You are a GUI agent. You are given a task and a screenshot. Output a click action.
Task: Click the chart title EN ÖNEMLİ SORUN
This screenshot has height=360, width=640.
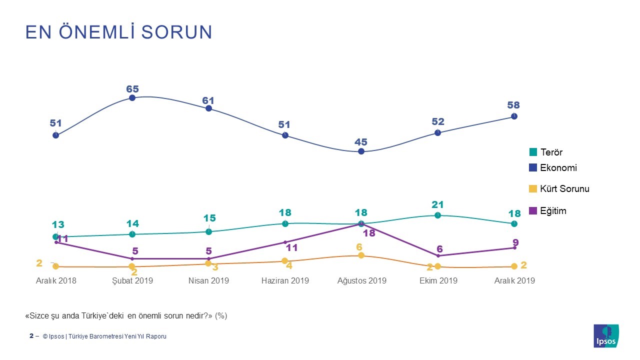(119, 32)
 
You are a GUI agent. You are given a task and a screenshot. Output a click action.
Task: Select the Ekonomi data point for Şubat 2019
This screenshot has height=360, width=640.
(132, 98)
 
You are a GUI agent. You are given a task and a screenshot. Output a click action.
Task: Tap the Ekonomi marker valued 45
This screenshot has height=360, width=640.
(361, 151)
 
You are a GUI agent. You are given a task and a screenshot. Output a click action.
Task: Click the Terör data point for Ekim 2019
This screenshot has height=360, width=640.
(437, 215)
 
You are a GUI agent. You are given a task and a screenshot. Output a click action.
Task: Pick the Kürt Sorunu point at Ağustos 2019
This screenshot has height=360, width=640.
(361, 255)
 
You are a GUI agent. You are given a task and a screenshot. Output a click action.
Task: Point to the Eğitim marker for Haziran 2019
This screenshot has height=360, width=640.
(285, 242)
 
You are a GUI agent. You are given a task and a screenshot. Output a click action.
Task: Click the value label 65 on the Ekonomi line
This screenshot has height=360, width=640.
(132, 89)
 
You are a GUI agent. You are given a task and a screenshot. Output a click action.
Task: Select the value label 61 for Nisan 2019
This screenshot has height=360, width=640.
(208, 100)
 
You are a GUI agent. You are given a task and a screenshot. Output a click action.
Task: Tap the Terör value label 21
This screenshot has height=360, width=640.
(437, 204)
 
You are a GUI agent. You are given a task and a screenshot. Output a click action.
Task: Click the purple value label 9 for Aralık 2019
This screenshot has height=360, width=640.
(515, 242)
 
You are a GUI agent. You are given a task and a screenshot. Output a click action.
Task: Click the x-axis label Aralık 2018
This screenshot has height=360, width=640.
(56, 280)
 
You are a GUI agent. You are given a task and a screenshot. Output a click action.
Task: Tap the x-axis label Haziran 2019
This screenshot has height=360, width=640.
(285, 280)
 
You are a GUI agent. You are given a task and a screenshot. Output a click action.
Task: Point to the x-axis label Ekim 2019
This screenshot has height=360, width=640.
(438, 280)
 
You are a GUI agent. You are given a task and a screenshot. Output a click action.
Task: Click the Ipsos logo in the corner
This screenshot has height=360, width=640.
(606, 336)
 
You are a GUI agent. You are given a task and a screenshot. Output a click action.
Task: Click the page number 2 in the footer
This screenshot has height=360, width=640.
(31, 336)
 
